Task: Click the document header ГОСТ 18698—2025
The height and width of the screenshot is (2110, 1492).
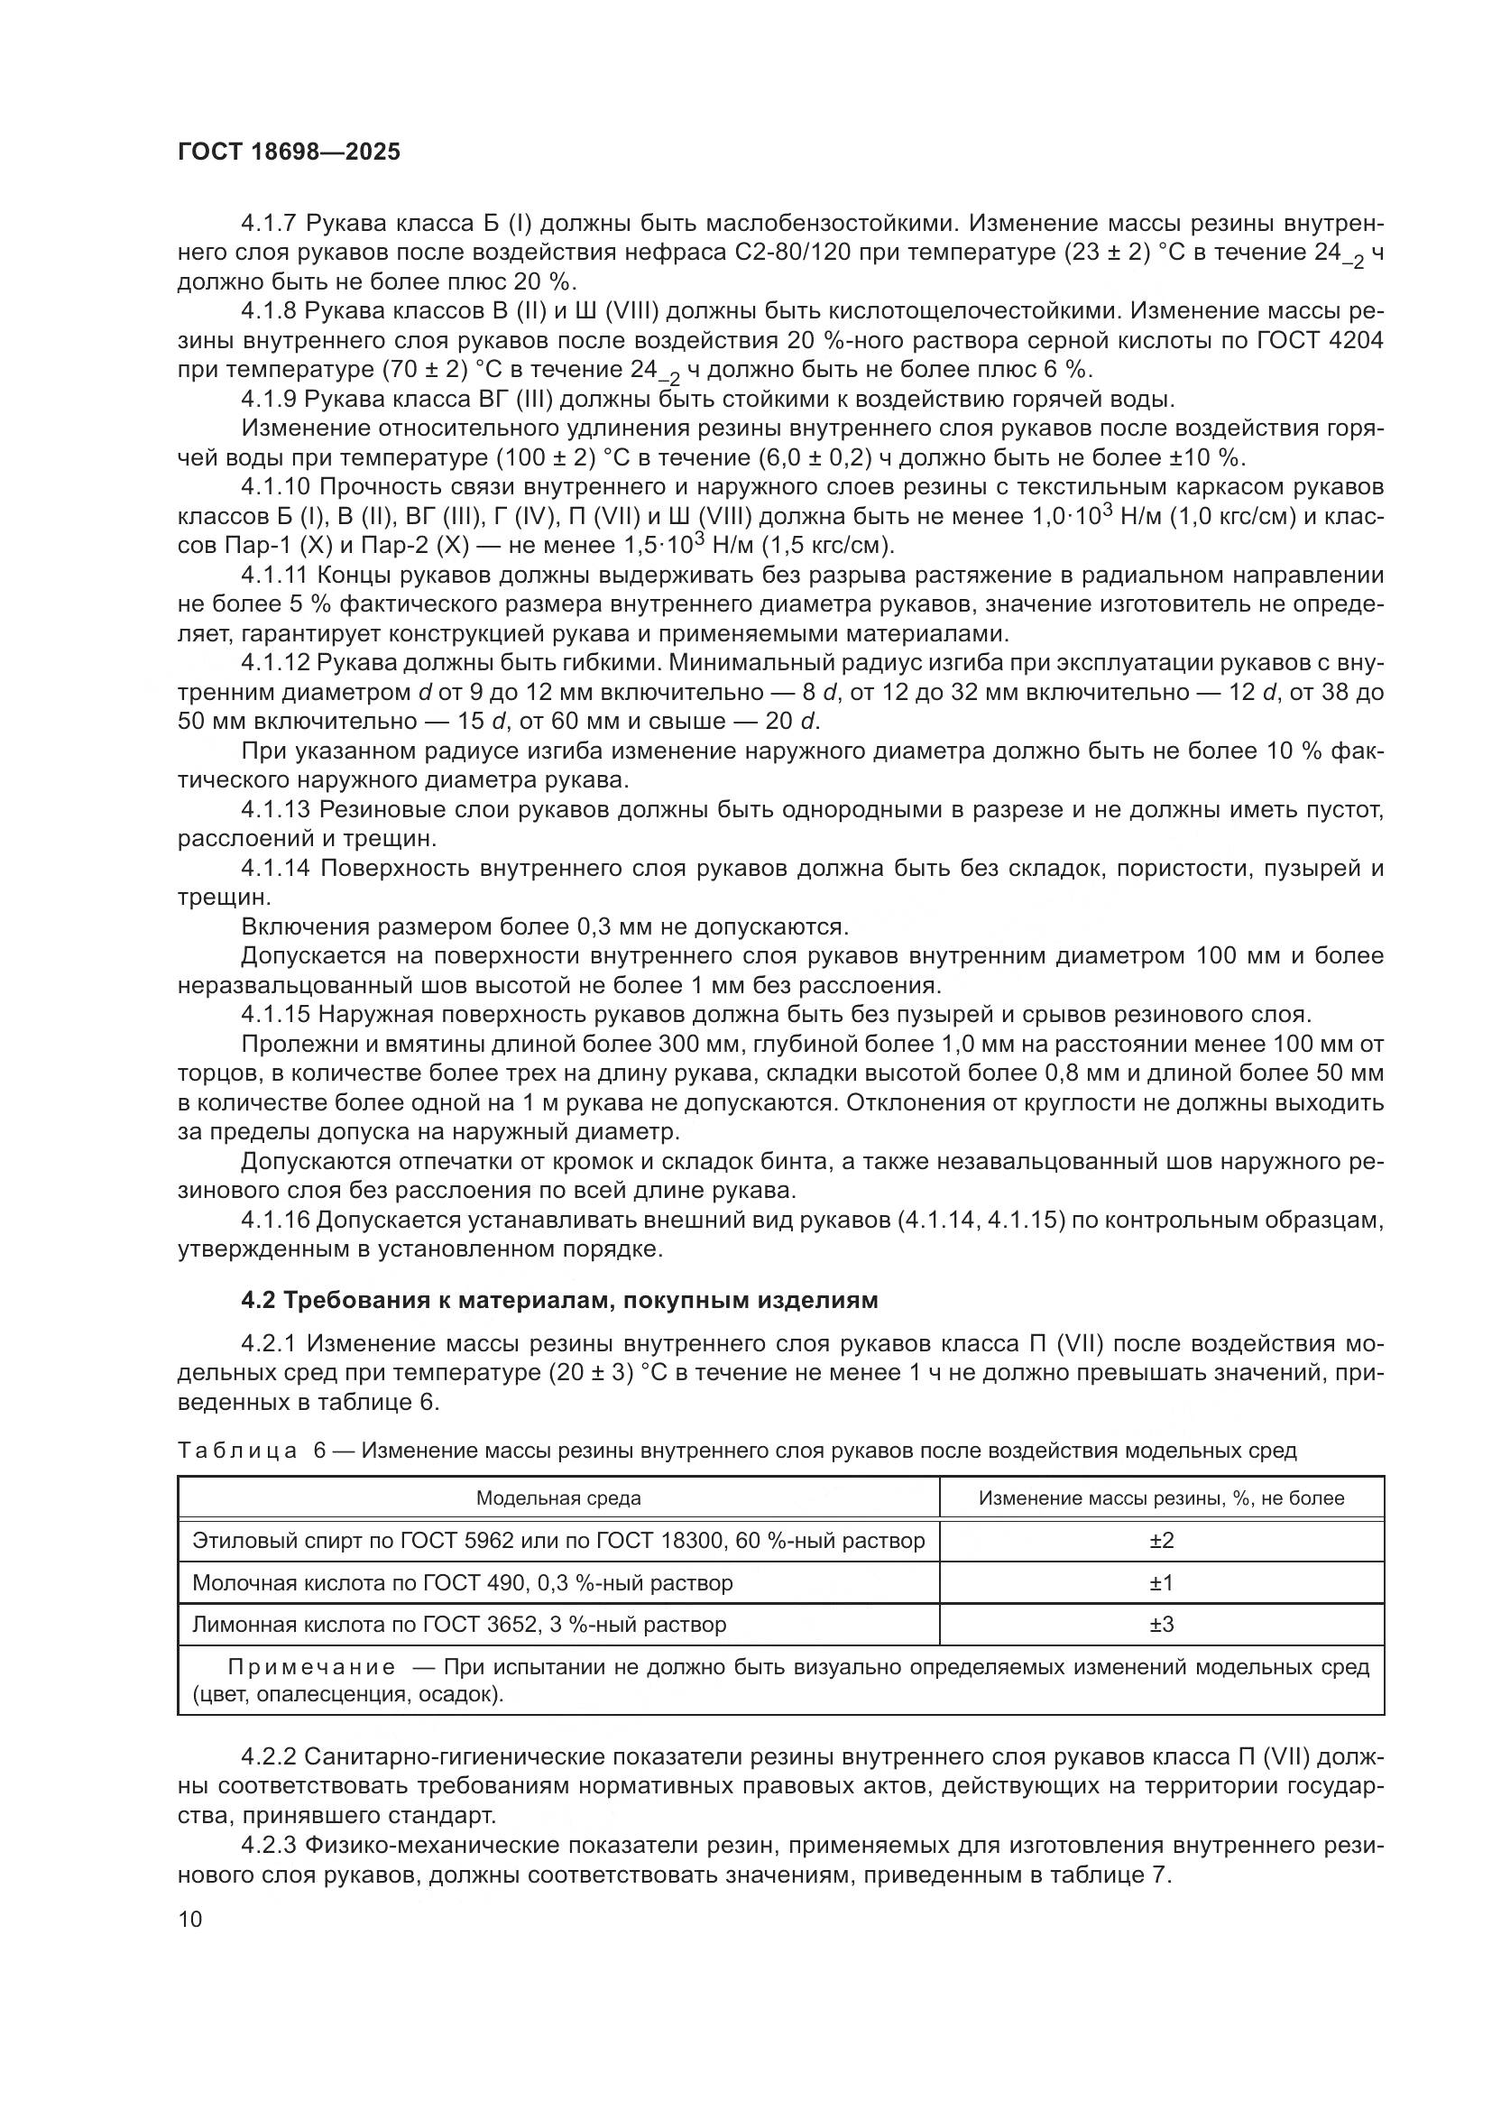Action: (x=289, y=152)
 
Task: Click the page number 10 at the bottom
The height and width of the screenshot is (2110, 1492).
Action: (x=189, y=1919)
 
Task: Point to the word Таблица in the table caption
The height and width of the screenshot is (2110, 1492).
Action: (x=237, y=1451)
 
